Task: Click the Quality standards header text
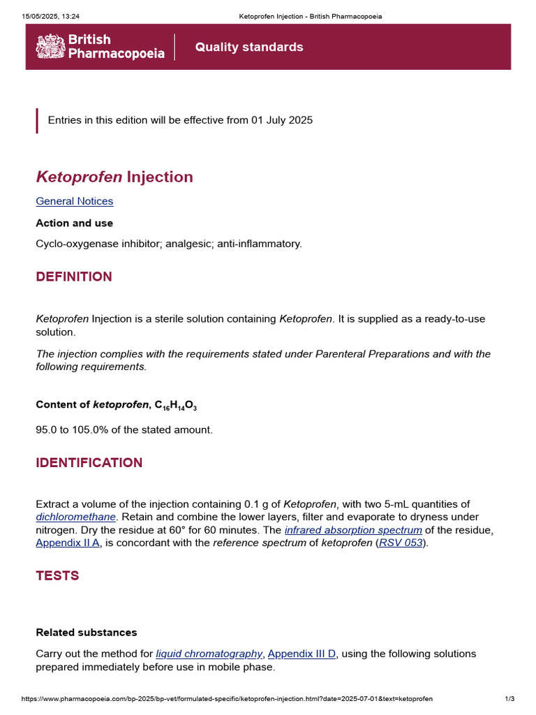[x=249, y=47]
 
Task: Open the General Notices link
[x=74, y=201]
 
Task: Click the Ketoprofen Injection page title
[x=114, y=177]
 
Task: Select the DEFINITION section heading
[x=74, y=277]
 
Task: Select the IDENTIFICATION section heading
[x=89, y=463]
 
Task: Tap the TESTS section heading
[x=57, y=576]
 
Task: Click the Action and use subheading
[x=74, y=223]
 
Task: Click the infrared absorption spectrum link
[x=353, y=530]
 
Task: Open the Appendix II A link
[x=68, y=543]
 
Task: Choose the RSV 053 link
[x=401, y=543]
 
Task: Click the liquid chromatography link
[x=209, y=654]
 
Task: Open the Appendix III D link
[x=301, y=654]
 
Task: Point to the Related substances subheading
[x=87, y=633]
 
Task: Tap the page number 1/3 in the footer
[x=509, y=699]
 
